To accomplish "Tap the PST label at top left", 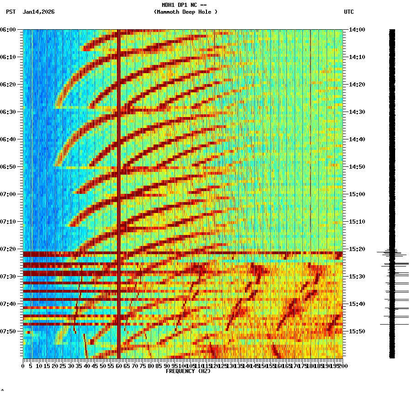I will (x=11, y=12).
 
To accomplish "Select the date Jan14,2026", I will (x=39, y=12).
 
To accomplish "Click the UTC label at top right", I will (x=349, y=12).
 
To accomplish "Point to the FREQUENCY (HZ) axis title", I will (x=188, y=371).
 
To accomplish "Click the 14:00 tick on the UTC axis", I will (x=357, y=30).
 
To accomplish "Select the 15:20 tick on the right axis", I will (x=357, y=249).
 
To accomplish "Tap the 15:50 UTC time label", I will (x=357, y=331).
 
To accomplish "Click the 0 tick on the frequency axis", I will (x=23, y=366).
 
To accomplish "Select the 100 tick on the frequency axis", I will (x=182, y=366).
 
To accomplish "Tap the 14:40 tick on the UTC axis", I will (x=357, y=139).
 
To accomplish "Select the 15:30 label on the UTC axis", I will (x=357, y=277).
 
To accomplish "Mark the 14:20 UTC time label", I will (x=357, y=85).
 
